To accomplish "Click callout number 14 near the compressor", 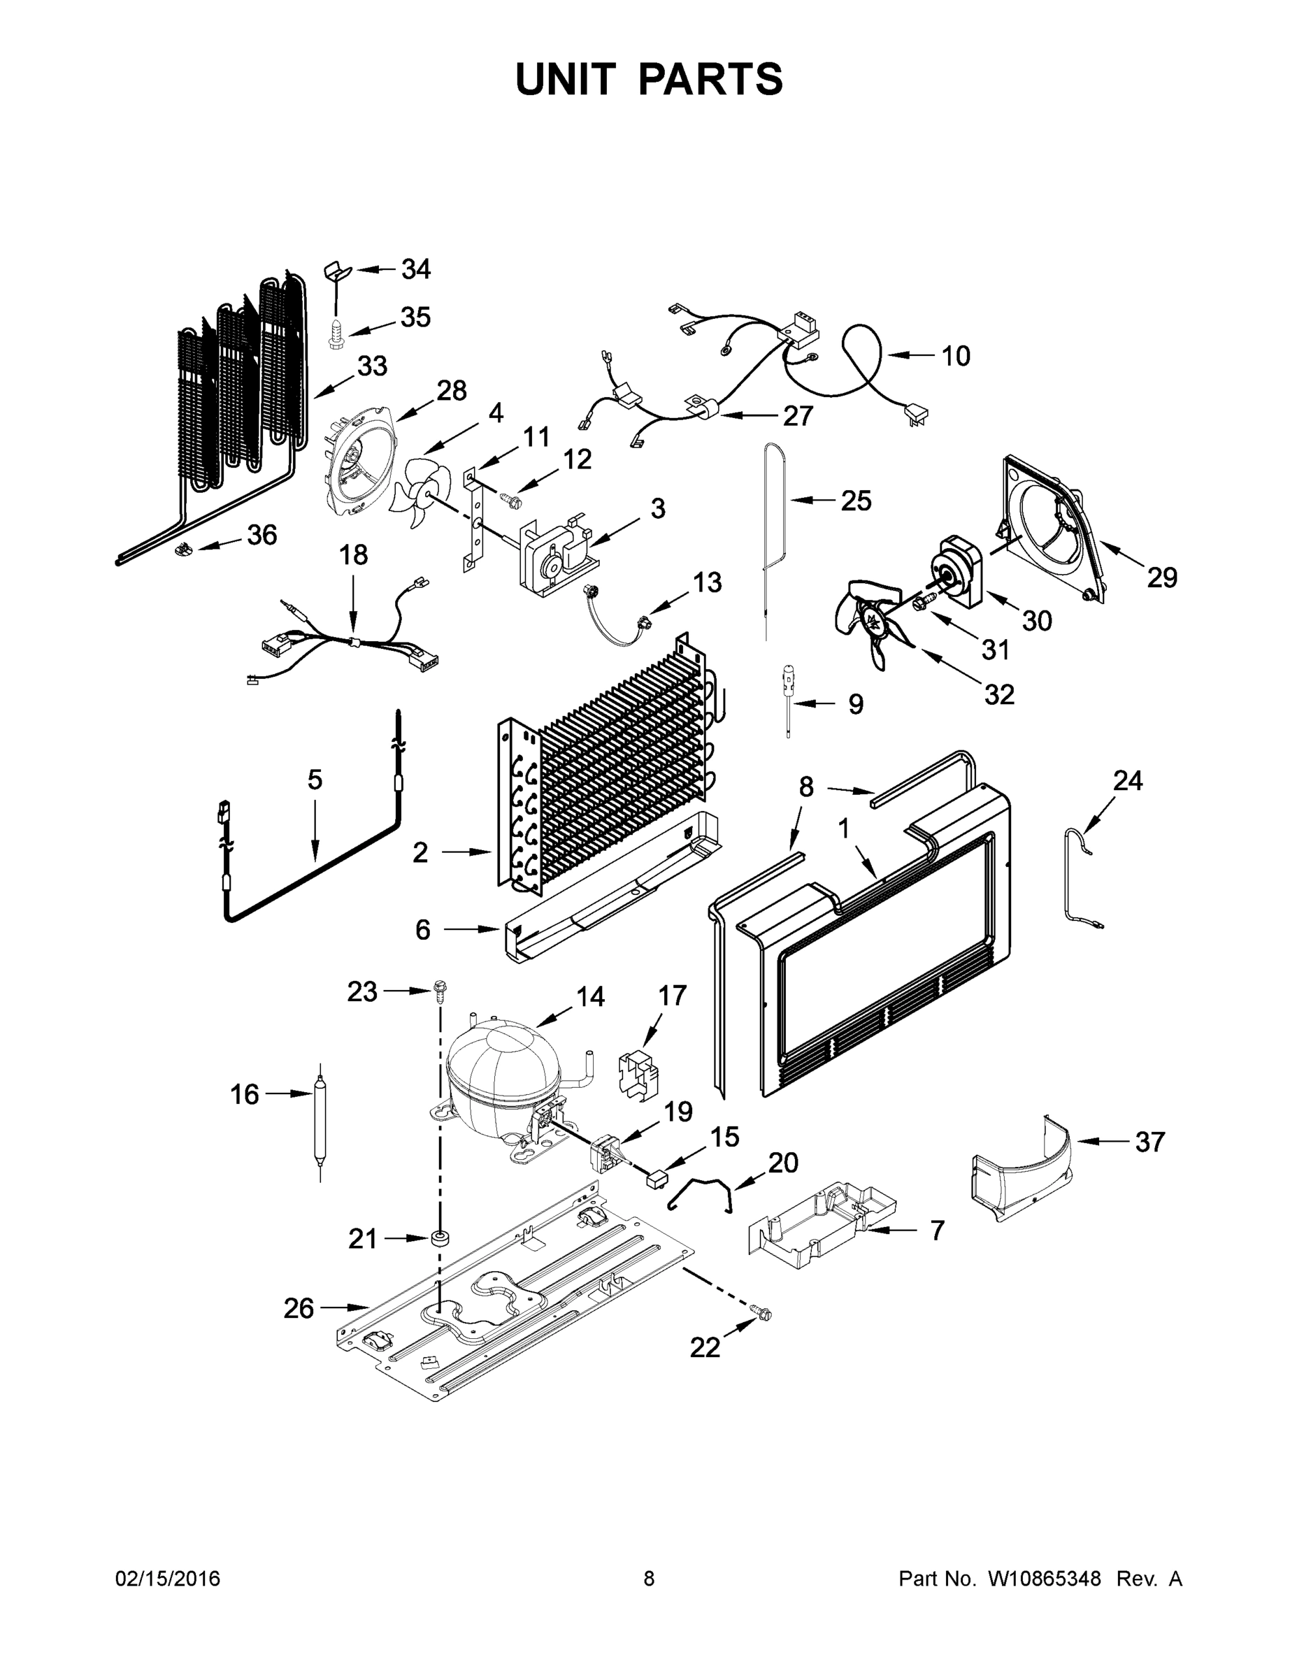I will (590, 996).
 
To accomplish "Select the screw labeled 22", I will (763, 1315).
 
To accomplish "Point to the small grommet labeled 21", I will (440, 1238).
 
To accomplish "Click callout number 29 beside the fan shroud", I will (1162, 577).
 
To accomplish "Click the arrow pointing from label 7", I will (893, 1230).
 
